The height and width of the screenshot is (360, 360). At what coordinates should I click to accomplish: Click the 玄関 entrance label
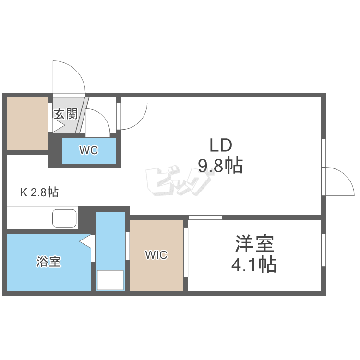pyautogui.click(x=65, y=114)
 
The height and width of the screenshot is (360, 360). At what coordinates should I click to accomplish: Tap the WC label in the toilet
pyautogui.click(x=89, y=150)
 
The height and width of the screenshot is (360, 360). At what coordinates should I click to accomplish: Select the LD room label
pyautogui.click(x=220, y=145)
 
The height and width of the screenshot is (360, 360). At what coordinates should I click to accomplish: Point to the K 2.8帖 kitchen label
pyautogui.click(x=39, y=193)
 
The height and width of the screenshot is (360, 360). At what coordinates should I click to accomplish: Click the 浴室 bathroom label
pyautogui.click(x=49, y=262)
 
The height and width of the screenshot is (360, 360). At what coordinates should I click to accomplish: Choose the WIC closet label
pyautogui.click(x=156, y=255)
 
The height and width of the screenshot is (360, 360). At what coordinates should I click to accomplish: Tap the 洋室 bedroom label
pyautogui.click(x=254, y=244)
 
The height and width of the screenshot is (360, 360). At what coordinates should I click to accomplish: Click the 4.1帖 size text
pyautogui.click(x=254, y=264)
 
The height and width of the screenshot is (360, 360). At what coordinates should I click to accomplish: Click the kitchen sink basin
pyautogui.click(x=64, y=219)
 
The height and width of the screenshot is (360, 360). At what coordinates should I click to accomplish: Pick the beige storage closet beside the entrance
pyautogui.click(x=27, y=123)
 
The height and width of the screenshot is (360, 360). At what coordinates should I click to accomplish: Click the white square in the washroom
pyautogui.click(x=110, y=280)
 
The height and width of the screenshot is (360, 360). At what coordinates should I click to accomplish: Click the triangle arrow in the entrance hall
pyautogui.click(x=58, y=127)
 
